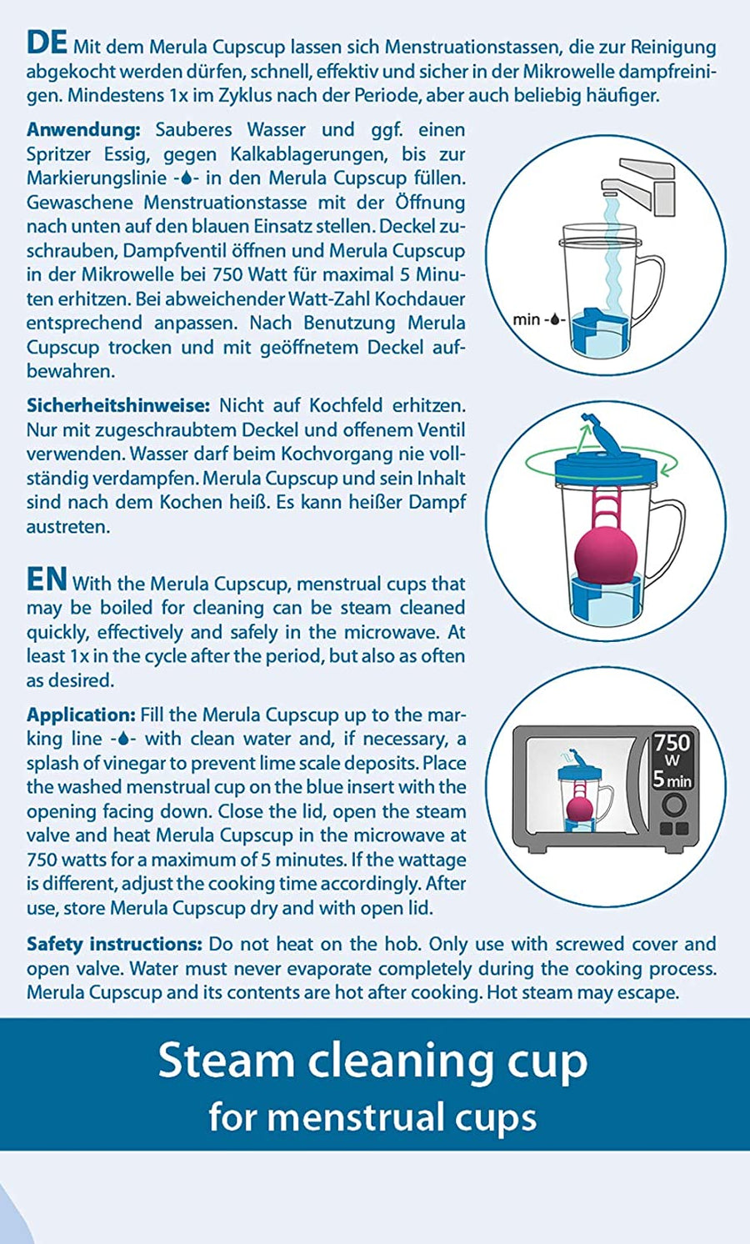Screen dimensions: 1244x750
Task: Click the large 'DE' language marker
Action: click(47, 43)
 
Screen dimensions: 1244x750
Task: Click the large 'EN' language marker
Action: click(47, 579)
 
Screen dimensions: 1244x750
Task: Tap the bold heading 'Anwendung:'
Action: click(82, 130)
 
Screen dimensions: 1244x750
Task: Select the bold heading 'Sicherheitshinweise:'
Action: click(117, 406)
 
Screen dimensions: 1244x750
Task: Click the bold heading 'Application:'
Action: click(81, 715)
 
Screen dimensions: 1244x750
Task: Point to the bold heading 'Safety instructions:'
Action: click(114, 944)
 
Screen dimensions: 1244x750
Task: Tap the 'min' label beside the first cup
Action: click(526, 319)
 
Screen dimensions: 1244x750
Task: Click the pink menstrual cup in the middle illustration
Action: click(606, 554)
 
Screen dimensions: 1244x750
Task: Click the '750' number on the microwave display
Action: click(672, 742)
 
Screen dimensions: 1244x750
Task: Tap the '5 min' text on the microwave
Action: click(672, 780)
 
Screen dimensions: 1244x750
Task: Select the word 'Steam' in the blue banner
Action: click(224, 1061)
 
